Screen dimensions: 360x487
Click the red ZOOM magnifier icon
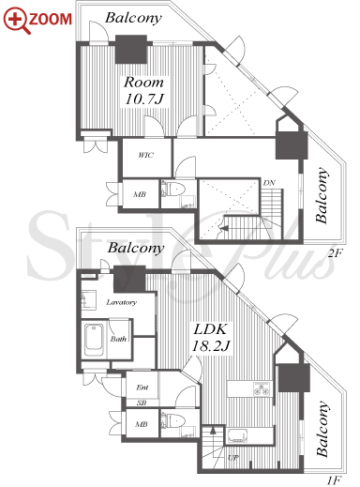17,21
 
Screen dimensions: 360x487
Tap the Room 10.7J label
144,90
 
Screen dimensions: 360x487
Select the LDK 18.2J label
211,338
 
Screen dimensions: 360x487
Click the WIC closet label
146,155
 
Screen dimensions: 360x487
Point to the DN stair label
269,183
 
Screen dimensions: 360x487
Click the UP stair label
232,458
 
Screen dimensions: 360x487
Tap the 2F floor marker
335,252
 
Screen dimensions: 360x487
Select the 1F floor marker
335,480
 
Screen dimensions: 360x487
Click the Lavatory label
122,302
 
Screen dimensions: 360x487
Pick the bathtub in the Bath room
94,340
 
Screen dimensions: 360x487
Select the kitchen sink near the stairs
237,435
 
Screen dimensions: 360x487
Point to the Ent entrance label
142,388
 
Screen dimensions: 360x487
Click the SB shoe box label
142,403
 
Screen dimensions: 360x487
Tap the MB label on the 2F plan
140,194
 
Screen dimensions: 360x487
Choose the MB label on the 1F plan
142,424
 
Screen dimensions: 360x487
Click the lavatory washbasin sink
89,300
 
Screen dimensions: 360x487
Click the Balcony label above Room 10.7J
133,18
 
